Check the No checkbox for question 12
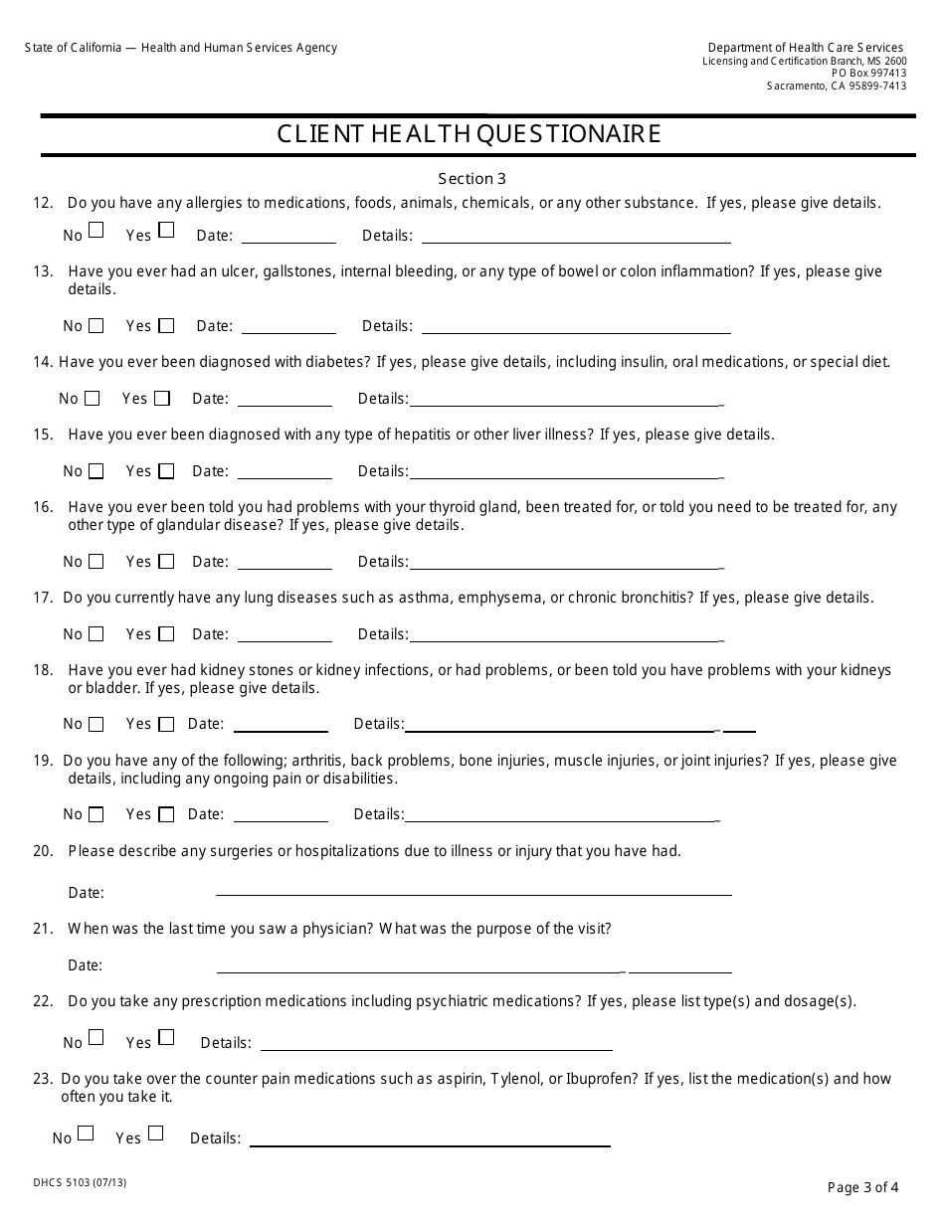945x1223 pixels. click(x=95, y=231)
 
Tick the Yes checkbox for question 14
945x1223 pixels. click(x=162, y=399)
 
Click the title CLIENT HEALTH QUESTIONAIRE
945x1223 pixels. click(x=469, y=134)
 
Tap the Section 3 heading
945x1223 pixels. click(x=472, y=179)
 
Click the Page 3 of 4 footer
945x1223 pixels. click(x=862, y=1186)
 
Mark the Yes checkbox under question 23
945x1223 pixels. click(x=155, y=1134)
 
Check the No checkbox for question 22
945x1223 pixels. click(x=95, y=1037)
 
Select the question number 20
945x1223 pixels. click(x=43, y=851)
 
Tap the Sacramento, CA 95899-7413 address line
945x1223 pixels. click(x=836, y=86)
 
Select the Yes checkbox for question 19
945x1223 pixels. click(x=166, y=814)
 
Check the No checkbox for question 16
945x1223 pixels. click(x=95, y=562)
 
